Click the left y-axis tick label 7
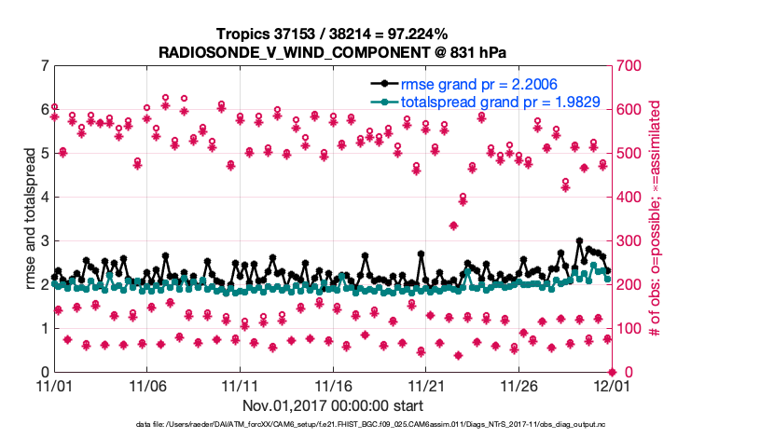pyautogui.click(x=44, y=66)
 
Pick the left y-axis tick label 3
pyautogui.click(x=44, y=241)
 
